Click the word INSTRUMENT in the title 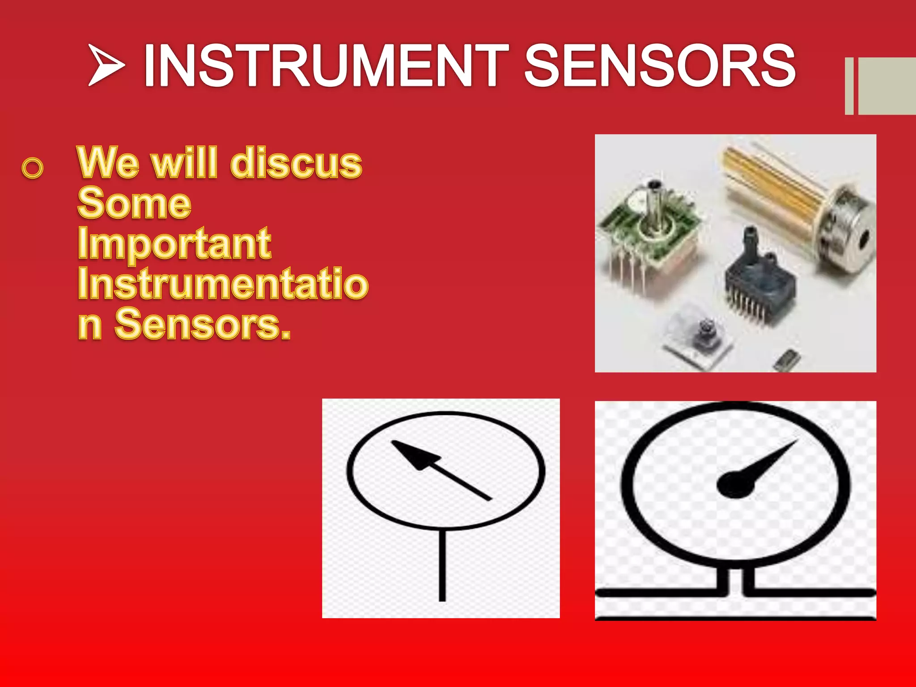pos(326,66)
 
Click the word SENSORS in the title pos(659,66)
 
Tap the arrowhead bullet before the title pos(106,65)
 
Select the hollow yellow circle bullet pos(33,168)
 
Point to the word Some pos(134,204)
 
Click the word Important pos(174,244)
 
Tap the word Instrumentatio pos(223,284)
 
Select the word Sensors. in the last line pos(203,324)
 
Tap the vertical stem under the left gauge pos(442,566)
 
